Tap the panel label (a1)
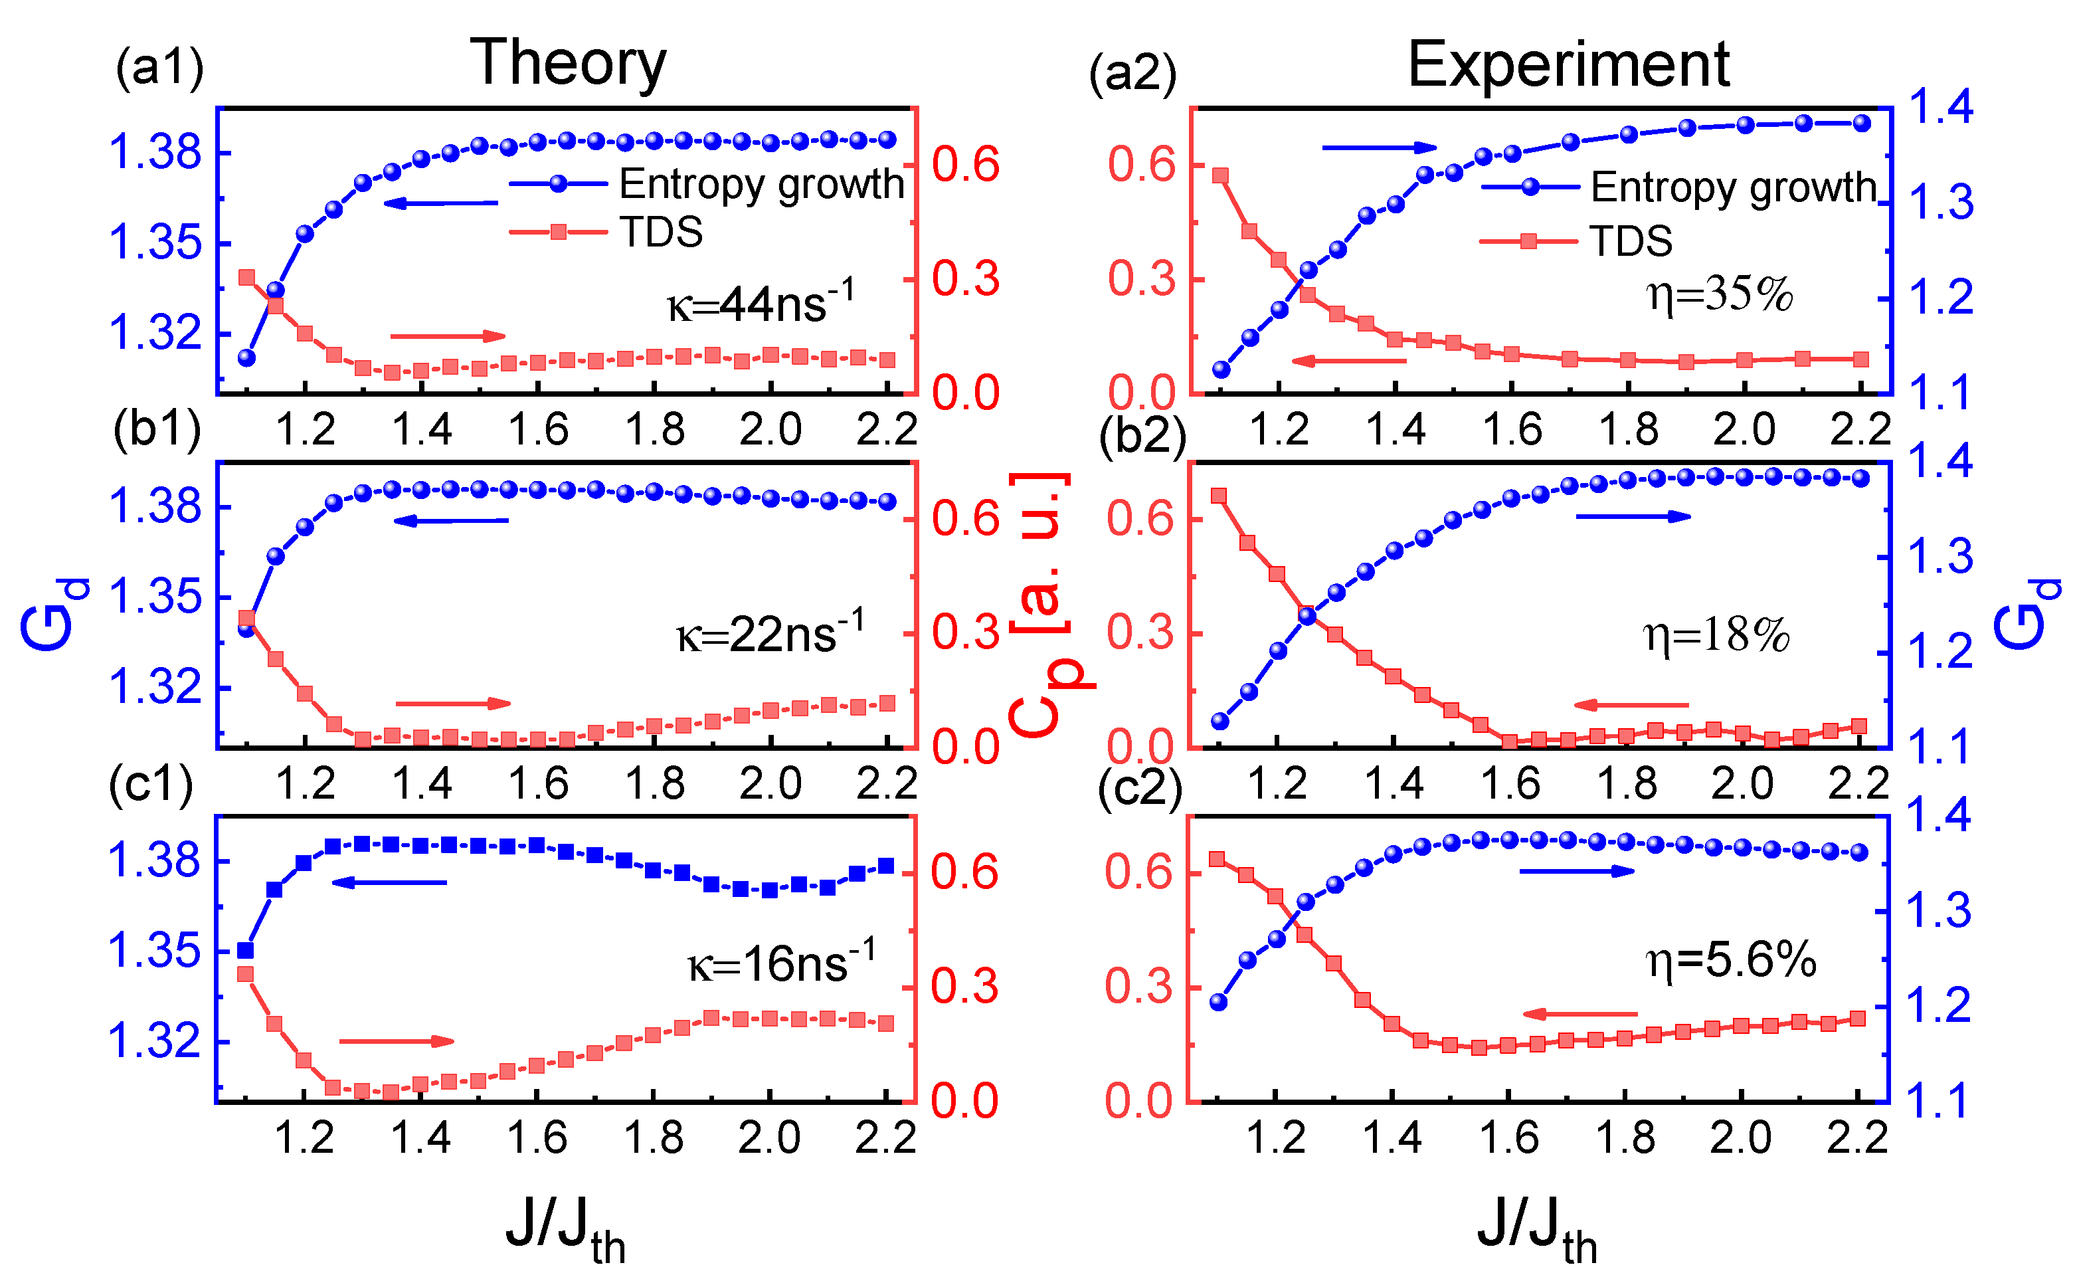tap(159, 68)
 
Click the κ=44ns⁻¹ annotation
tap(760, 303)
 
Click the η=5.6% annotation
tap(1730, 961)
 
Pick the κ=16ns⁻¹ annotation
tap(780, 963)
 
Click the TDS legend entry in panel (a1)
tap(606, 233)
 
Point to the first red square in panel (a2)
tap(1221, 175)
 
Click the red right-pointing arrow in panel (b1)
tap(453, 704)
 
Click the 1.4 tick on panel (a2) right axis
tap(1941, 107)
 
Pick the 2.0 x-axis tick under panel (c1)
tap(768, 1139)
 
